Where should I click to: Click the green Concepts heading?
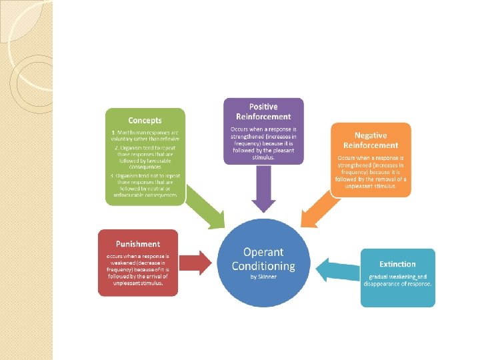click(x=145, y=121)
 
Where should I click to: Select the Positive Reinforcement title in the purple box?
click(x=263, y=111)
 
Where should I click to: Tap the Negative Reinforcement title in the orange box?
click(x=371, y=140)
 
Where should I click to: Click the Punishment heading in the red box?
click(x=138, y=244)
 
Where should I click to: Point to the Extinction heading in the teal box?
click(x=397, y=264)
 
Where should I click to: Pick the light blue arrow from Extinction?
click(x=337, y=271)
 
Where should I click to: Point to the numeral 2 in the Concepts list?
click(x=115, y=147)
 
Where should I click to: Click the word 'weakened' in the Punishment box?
click(x=121, y=263)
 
